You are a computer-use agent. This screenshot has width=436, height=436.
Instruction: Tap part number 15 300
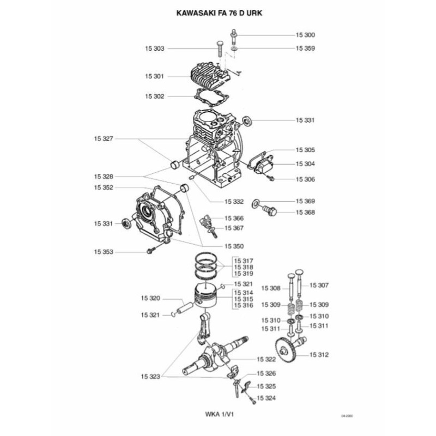pos(305,35)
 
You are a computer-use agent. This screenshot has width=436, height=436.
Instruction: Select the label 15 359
pos(305,48)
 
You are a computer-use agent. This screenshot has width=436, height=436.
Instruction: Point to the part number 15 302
pos(155,96)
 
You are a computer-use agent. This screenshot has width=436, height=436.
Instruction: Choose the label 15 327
pos(103,139)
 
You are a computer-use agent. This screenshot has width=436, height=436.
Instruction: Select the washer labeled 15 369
pos(256,203)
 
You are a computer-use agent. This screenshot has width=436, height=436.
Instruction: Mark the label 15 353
pos(103,252)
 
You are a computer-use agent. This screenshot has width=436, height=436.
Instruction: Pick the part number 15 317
pos(244,261)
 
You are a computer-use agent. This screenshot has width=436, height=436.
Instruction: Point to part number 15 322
pos(265,359)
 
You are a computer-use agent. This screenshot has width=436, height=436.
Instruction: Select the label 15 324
pos(266,398)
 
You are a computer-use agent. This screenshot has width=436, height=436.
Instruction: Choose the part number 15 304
pos(305,163)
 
